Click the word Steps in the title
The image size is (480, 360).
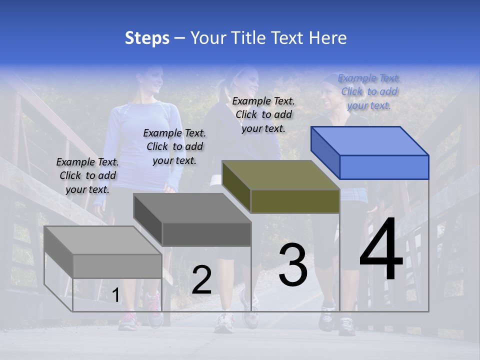click(147, 38)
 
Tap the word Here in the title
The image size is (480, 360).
click(328, 38)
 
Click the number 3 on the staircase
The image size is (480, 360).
click(292, 265)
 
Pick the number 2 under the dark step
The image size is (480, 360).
click(201, 280)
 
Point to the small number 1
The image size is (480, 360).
click(115, 295)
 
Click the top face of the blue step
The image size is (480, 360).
click(370, 140)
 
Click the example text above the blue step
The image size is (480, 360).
click(369, 92)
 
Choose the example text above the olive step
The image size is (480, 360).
click(263, 114)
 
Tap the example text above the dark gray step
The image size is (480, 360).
click(174, 146)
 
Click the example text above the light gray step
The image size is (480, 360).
click(87, 175)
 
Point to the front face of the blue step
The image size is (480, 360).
click(384, 167)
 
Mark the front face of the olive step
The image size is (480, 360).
click(295, 201)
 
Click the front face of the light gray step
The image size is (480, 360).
click(117, 266)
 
